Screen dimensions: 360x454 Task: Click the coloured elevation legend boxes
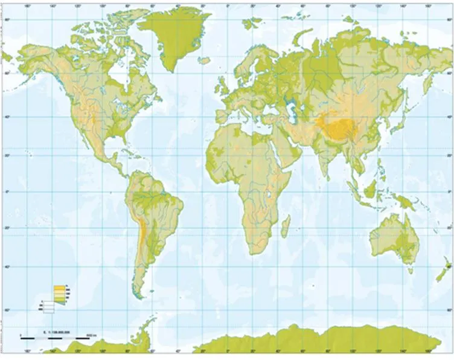[59, 293]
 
